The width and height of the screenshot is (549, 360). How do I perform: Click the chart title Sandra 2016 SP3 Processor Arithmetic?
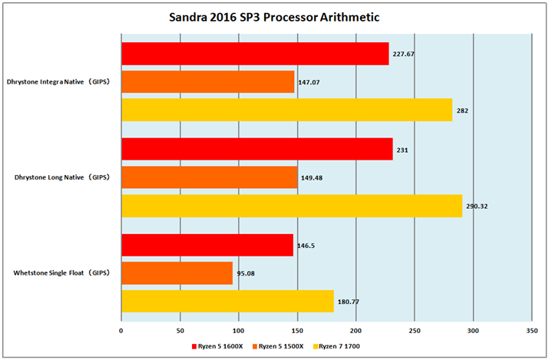(x=274, y=17)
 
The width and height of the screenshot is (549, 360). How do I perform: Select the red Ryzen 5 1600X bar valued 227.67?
(x=255, y=54)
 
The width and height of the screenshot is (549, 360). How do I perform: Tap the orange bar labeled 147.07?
(x=207, y=82)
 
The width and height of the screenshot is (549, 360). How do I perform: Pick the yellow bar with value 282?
(x=286, y=111)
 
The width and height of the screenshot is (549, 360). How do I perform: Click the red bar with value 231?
(x=256, y=149)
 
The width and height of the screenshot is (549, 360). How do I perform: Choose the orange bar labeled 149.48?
(x=209, y=177)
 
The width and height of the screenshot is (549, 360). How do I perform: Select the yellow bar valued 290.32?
(x=292, y=206)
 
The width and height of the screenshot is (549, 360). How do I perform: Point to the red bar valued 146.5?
(x=207, y=244)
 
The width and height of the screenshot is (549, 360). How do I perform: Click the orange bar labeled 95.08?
(x=177, y=272)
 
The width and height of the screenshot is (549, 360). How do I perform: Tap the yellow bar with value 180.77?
(x=227, y=301)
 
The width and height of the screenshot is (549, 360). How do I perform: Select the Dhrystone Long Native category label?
(x=61, y=177)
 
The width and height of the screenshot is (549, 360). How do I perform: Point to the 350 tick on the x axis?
(x=531, y=330)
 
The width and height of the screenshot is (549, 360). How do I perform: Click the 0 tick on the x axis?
(x=121, y=330)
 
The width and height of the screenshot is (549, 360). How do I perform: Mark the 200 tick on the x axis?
(x=356, y=330)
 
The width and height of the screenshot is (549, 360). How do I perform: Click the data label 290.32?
(x=478, y=206)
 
